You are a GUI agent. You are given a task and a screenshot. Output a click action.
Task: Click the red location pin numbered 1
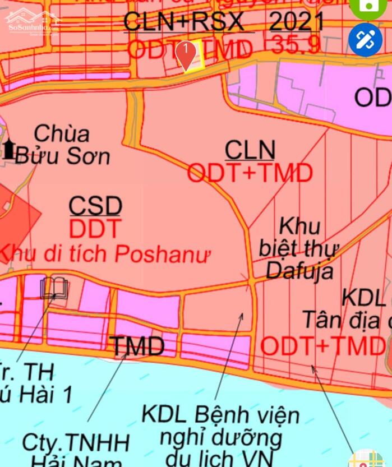(186, 53)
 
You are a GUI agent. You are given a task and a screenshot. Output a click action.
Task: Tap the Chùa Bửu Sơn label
(62, 145)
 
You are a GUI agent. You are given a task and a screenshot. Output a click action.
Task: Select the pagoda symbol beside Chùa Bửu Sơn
(9, 149)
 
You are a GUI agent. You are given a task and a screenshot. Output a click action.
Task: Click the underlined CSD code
(95, 206)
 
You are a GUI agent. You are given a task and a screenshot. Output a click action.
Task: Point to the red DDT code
(95, 229)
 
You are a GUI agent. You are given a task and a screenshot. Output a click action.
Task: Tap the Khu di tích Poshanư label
(104, 254)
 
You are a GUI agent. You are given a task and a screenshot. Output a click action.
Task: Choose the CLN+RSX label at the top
(183, 22)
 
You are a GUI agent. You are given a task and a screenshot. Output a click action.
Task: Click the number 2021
(297, 22)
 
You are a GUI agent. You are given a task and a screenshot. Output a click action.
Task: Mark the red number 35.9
(296, 45)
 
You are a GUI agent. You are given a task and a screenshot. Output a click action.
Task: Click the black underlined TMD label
(138, 346)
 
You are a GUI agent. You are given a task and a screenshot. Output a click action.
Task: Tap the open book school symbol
(54, 288)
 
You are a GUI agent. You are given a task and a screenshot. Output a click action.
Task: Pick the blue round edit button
(365, 40)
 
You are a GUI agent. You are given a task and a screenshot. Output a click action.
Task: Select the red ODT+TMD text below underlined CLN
(250, 173)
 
